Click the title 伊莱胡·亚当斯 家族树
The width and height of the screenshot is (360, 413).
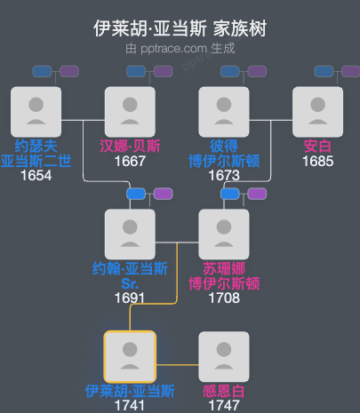[x=180, y=28]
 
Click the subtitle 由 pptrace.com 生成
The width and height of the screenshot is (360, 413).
[x=180, y=48]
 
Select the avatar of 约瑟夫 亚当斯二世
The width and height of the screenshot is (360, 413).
[x=36, y=112]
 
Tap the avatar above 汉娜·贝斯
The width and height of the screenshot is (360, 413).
[x=130, y=112]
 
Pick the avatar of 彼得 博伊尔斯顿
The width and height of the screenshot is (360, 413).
[x=224, y=112]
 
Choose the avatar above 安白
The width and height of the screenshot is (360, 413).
[x=317, y=112]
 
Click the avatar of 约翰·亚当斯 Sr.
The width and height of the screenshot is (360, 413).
[x=130, y=234]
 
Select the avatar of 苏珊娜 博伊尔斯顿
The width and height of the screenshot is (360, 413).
[x=224, y=234]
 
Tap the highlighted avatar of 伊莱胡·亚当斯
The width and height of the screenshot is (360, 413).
[x=130, y=357]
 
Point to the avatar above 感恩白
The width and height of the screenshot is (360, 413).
[x=224, y=357]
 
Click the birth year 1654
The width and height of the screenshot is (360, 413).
[x=36, y=175]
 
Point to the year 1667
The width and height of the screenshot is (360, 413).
[x=130, y=162]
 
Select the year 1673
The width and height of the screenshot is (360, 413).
[x=224, y=175]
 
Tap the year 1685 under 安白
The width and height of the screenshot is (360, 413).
[x=317, y=162]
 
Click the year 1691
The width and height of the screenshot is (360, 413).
[x=130, y=298]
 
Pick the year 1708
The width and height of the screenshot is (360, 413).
[x=224, y=298]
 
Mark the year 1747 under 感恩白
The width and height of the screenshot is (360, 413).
[x=224, y=405]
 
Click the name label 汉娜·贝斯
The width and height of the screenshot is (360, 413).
[x=130, y=147]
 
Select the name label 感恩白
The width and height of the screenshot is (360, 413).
[x=224, y=391]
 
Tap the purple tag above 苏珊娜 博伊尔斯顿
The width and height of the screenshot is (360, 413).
[x=257, y=194]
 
